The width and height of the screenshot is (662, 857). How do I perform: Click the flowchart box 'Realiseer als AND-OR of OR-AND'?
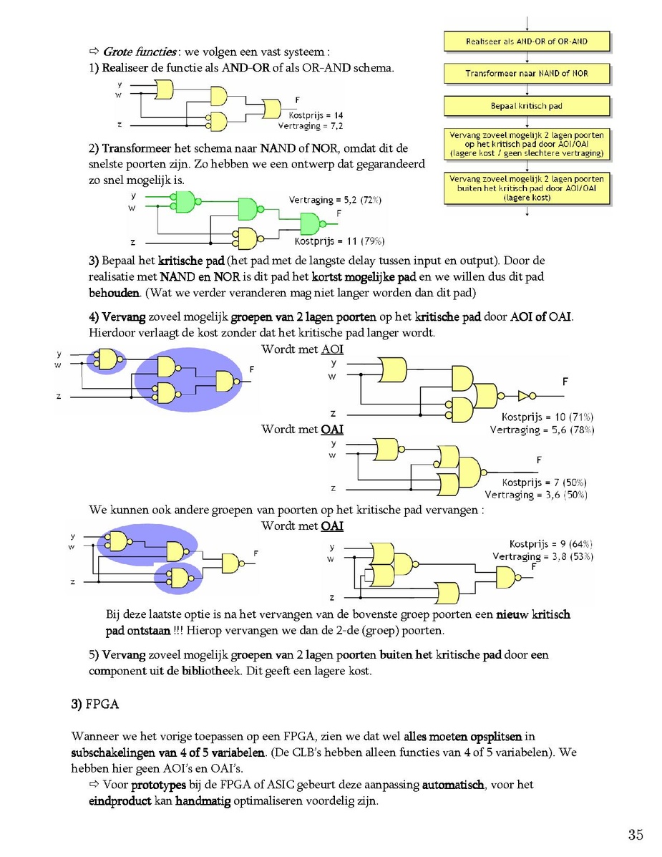click(x=527, y=42)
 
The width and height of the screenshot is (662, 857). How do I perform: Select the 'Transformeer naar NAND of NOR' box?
click(x=527, y=74)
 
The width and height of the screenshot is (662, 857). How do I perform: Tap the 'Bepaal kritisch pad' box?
click(x=527, y=106)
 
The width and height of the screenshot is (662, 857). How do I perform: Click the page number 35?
click(x=636, y=835)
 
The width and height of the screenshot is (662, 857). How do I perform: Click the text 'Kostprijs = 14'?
click(x=316, y=115)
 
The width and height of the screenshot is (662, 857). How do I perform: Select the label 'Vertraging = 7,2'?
click(x=310, y=126)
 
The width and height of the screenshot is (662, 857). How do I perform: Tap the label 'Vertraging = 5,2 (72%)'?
click(x=335, y=200)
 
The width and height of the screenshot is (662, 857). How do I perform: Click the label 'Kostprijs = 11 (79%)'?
click(x=339, y=241)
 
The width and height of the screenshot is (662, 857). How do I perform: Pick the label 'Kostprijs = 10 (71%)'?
click(x=547, y=417)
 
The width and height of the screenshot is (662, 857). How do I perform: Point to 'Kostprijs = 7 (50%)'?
click(x=544, y=483)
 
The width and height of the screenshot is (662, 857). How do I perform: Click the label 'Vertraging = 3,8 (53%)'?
click(x=543, y=556)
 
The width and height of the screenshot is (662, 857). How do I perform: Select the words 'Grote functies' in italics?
click(x=140, y=52)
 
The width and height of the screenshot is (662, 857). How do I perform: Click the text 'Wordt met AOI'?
click(x=302, y=349)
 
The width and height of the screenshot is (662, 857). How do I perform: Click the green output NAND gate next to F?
click(x=311, y=223)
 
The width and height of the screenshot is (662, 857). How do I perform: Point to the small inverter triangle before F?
click(x=523, y=396)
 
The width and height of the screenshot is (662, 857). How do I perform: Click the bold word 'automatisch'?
click(x=453, y=785)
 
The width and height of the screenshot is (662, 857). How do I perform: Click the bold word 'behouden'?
click(x=115, y=293)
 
